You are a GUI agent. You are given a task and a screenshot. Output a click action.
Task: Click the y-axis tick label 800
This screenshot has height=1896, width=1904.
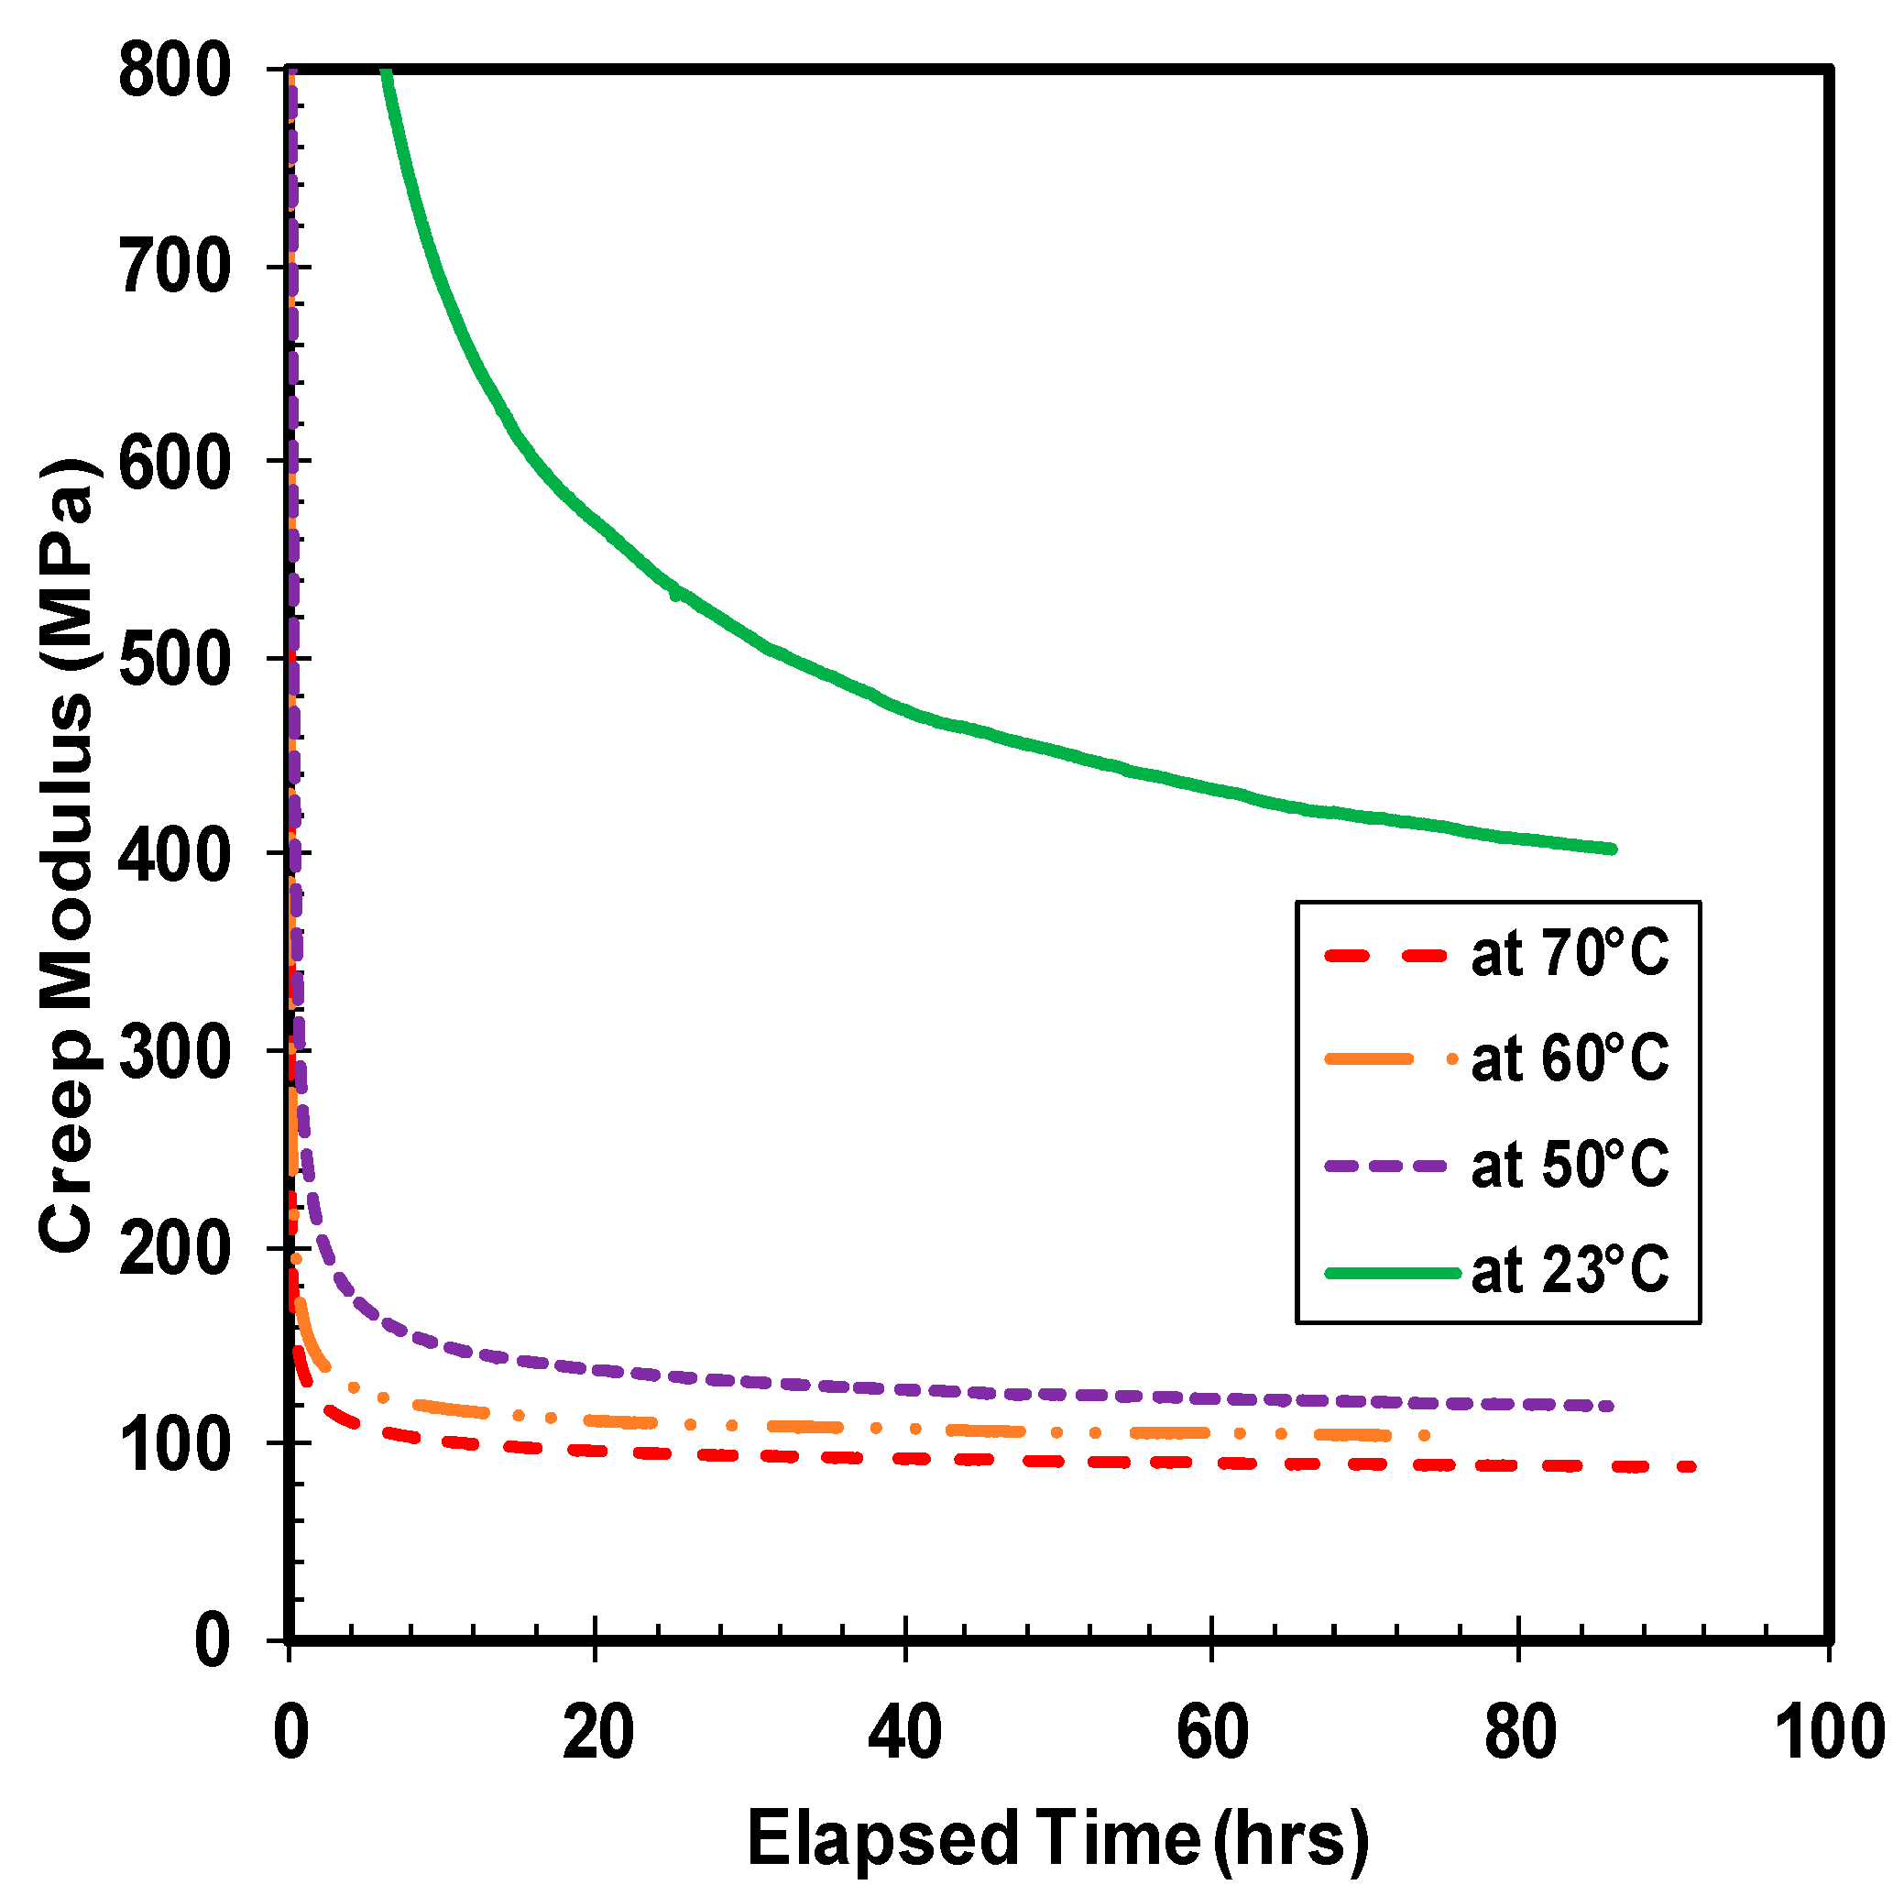click(174, 72)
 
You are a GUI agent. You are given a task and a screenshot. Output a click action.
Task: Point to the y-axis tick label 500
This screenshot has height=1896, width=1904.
click(174, 659)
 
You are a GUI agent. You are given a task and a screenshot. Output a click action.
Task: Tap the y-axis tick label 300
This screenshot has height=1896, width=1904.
click(174, 1052)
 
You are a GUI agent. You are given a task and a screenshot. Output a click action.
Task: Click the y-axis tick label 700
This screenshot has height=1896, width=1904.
click(174, 268)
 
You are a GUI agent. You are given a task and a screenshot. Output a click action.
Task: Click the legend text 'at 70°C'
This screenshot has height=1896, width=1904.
click(1569, 954)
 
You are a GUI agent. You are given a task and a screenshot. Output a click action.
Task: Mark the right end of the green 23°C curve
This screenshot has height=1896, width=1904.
click(1613, 849)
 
